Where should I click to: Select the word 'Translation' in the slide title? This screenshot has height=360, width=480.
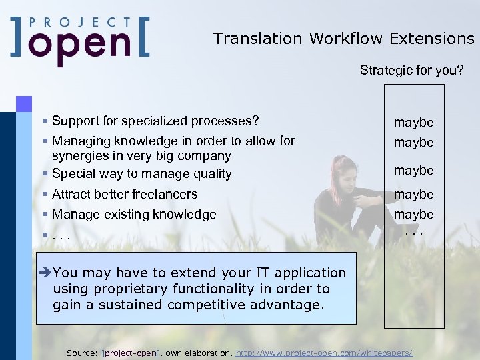point(257,39)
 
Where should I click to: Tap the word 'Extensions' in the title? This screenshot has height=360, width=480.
point(433,39)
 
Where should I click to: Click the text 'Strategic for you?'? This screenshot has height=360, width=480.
point(412,70)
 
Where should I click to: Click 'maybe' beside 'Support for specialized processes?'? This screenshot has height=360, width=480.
point(413,122)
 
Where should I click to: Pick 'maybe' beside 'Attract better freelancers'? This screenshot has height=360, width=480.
point(413,194)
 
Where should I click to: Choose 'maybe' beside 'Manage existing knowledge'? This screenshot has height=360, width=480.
point(413,214)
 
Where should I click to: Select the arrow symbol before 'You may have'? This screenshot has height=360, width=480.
point(45,273)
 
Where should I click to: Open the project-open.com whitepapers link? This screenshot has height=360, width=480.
point(325,352)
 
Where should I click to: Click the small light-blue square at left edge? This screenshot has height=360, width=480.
point(24,103)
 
